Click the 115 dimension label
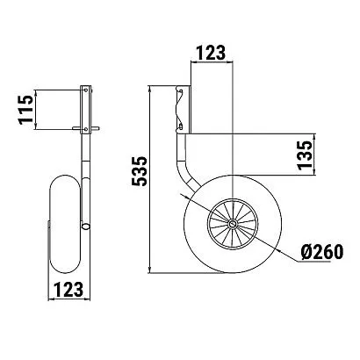click(x=25, y=110)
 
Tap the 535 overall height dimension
click(x=139, y=171)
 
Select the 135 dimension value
click(x=305, y=155)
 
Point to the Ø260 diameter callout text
click(x=321, y=252)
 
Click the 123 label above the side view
click(x=211, y=53)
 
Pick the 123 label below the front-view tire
click(x=68, y=290)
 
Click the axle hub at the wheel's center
click(x=233, y=225)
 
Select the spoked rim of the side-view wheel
click(x=233, y=225)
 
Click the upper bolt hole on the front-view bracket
click(x=85, y=90)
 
